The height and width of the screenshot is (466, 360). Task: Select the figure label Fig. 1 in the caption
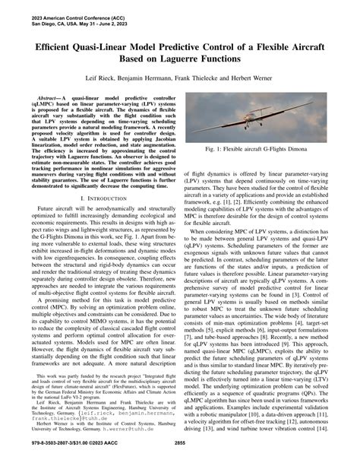click(x=218, y=173)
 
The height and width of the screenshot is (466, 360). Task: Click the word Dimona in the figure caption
click(x=298, y=173)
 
